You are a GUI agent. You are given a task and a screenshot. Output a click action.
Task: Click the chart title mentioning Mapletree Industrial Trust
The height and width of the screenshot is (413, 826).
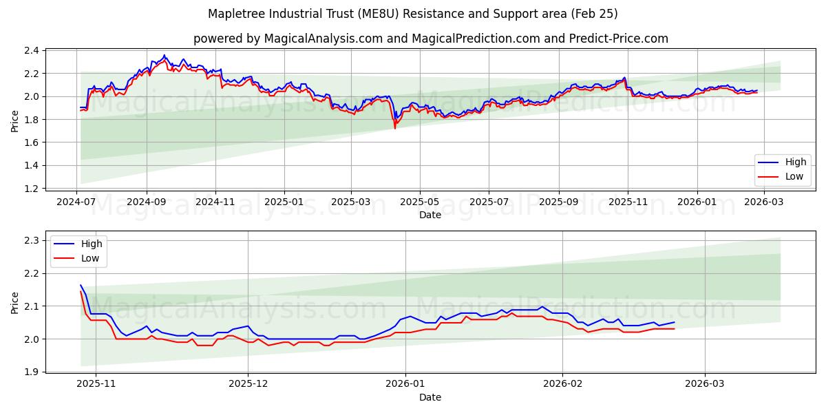click(413, 14)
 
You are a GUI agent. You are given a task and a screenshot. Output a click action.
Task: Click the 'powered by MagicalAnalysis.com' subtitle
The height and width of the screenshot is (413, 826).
click(430, 39)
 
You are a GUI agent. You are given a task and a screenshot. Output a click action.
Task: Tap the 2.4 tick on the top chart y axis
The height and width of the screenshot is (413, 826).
click(32, 50)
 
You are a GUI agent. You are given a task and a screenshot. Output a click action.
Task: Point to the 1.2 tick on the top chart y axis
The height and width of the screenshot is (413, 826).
click(32, 189)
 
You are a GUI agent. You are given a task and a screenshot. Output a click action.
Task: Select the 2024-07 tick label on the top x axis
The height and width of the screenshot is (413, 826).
click(76, 203)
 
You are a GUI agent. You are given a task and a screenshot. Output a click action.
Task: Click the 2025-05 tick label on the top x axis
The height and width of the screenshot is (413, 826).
click(419, 203)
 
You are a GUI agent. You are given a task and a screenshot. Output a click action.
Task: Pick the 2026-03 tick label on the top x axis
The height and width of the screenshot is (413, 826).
click(764, 203)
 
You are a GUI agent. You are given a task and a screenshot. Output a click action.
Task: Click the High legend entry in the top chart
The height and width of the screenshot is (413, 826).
click(784, 162)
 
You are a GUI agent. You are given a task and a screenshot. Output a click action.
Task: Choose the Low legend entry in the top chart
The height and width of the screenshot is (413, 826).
click(784, 176)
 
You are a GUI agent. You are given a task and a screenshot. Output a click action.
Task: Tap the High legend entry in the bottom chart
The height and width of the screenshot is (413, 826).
click(80, 244)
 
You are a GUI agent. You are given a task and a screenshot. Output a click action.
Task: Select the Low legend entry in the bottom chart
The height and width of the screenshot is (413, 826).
click(80, 258)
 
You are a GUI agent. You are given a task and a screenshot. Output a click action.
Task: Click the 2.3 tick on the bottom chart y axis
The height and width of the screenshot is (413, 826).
click(32, 240)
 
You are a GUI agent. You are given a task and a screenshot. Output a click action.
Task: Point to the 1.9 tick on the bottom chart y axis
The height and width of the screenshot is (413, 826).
click(32, 372)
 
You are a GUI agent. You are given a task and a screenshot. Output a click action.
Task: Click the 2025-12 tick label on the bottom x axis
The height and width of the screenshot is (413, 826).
click(248, 385)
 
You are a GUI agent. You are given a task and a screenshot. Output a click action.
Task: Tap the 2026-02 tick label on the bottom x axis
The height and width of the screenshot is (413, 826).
click(563, 385)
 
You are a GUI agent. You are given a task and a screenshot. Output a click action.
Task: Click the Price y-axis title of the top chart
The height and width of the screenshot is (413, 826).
click(15, 120)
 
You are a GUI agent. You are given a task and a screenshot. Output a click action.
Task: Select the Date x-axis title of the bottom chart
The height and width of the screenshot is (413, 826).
click(430, 397)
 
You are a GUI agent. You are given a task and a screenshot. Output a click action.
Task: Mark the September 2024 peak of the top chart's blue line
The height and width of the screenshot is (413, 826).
click(164, 55)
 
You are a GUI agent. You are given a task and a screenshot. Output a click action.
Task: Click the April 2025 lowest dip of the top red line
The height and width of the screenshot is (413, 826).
click(394, 128)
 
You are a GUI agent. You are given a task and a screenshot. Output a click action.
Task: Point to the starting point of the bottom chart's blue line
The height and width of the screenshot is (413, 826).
click(81, 285)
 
